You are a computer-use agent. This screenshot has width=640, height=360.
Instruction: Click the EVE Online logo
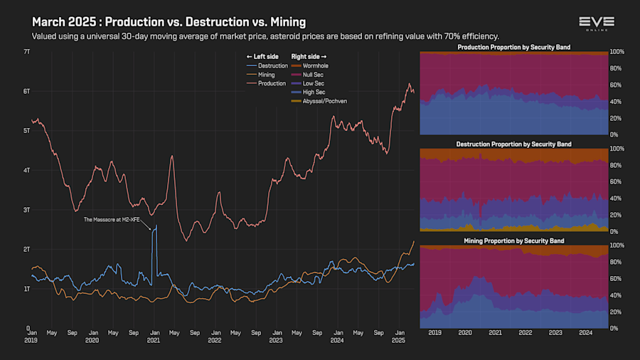(596, 24)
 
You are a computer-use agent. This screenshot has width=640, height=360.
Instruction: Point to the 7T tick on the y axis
(26, 52)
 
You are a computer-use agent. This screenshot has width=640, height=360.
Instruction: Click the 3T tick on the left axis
(26, 210)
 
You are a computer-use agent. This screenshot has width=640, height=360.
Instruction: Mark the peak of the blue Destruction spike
(156, 226)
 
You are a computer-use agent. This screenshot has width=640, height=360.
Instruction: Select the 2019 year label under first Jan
(32, 341)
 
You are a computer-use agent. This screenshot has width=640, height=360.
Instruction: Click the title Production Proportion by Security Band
(513, 47)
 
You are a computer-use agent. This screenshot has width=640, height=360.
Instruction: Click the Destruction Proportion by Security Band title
(513, 144)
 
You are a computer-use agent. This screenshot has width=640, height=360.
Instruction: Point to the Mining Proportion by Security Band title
(513, 240)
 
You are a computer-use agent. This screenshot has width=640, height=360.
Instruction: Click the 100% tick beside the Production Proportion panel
(617, 52)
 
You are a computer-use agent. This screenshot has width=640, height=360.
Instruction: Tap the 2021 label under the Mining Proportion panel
(495, 332)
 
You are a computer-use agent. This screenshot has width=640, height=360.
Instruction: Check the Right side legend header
(309, 55)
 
